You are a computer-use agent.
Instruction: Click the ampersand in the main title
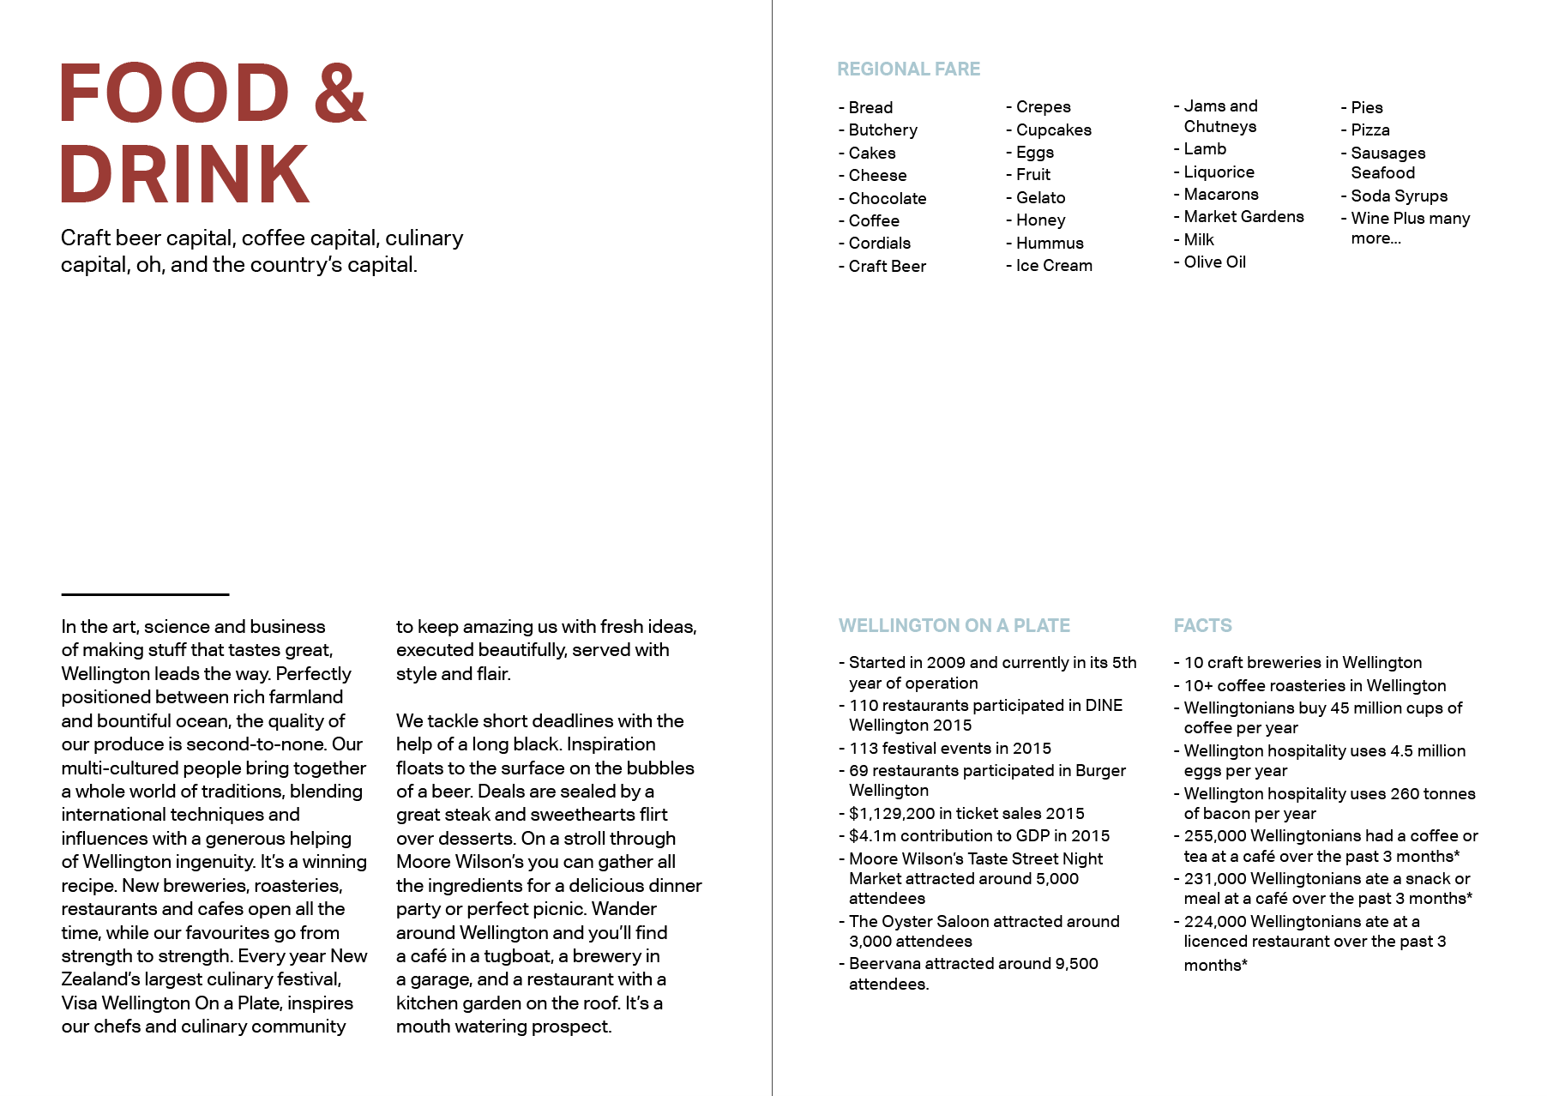tap(340, 93)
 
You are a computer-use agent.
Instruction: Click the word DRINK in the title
tap(185, 174)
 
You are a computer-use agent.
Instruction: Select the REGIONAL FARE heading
tap(908, 69)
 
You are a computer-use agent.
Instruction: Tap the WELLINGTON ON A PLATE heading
tap(954, 626)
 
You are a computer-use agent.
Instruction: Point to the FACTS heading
tap(1202, 626)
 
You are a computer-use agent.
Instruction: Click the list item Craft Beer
tap(887, 267)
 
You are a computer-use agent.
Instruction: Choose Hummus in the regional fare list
tap(1049, 244)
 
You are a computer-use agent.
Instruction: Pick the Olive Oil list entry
tap(1214, 262)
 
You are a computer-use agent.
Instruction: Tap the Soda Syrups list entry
tap(1399, 196)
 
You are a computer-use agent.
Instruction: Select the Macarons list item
tap(1221, 195)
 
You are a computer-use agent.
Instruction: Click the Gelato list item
tap(1040, 198)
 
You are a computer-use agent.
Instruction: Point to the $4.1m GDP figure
tap(872, 836)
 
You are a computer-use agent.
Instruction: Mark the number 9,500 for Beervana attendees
tap(1076, 964)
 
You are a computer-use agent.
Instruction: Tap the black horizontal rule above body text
tap(145, 594)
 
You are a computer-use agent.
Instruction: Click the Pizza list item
tap(1369, 130)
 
